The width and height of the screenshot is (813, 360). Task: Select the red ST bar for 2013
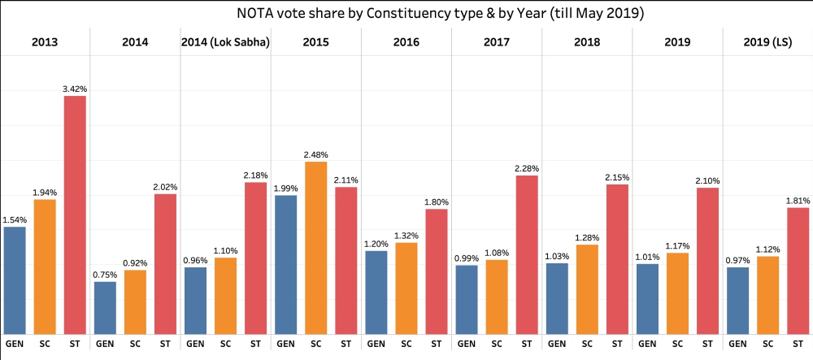[75, 215]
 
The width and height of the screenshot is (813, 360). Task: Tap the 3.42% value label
[75, 89]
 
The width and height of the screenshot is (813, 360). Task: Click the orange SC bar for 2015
[315, 248]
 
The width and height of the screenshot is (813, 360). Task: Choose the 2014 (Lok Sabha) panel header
[225, 41]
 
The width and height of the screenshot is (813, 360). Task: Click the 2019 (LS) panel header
[767, 41]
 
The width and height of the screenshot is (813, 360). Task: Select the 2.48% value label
[315, 154]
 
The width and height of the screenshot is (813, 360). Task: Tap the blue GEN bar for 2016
[376, 292]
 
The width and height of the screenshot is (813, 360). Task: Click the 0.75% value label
[105, 275]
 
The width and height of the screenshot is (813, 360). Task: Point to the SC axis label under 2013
[45, 344]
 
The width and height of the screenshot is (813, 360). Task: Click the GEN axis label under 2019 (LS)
[737, 344]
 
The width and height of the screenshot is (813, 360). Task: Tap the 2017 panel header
[496, 41]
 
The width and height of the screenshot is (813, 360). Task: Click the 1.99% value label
[285, 188]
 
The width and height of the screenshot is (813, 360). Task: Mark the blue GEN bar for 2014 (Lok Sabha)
[195, 300]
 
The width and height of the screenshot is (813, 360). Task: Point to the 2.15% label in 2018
[616, 177]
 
